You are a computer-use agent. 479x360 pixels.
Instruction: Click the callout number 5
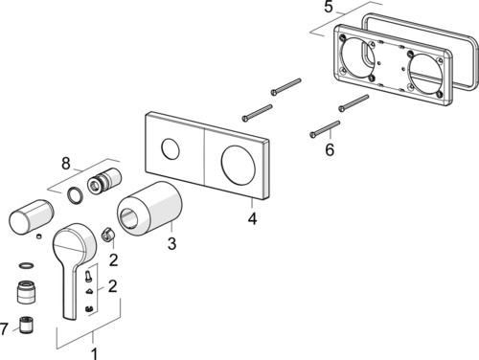329,7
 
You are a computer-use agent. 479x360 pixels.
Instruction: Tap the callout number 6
330,149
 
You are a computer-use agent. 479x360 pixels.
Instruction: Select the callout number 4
253,218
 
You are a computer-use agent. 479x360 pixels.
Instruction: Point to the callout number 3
171,243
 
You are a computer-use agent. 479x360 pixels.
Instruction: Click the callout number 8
66,164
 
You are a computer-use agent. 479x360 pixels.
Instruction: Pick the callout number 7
4,328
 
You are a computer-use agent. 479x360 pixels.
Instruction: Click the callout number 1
94,353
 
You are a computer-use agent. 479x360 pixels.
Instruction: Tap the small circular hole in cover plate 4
171,149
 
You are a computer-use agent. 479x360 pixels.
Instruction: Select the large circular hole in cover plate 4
238,165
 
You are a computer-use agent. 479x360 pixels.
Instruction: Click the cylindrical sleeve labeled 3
149,209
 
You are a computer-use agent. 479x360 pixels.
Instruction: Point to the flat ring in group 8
76,195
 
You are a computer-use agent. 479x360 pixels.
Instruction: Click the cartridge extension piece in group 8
104,181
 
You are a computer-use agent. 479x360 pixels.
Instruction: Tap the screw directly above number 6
325,129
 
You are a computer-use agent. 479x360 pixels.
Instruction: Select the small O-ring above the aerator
27,265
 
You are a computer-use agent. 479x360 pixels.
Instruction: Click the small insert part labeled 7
26,326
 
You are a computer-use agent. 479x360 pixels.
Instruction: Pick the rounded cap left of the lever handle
31,217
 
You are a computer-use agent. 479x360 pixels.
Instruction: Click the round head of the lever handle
74,242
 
